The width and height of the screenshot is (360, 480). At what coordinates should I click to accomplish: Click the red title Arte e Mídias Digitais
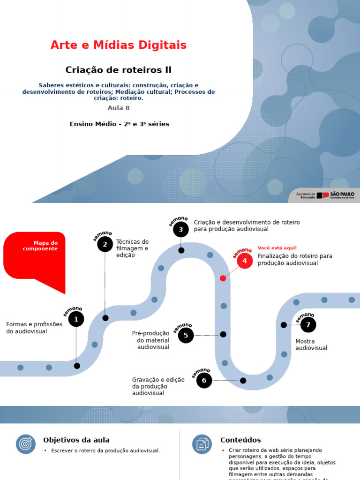coord(118,45)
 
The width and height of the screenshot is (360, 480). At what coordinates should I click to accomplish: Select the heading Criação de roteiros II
coord(118,70)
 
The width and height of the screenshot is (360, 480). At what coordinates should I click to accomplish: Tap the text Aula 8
coord(118,108)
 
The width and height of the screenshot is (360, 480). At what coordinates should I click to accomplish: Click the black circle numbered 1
coord(76,320)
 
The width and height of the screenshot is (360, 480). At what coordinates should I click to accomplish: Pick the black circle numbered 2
coord(105,244)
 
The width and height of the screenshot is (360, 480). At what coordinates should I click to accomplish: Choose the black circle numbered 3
coord(180,230)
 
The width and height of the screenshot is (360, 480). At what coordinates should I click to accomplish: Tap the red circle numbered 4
coord(244,261)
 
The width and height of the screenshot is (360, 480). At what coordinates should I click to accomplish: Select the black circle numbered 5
coord(186,335)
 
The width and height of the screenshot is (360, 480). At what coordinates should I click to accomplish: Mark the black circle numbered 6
coord(204,380)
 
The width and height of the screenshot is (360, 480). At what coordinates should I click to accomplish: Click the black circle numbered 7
coord(308,324)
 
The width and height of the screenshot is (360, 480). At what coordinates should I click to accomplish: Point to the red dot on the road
coord(223,278)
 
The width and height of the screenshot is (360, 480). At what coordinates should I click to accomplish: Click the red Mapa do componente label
coord(40,246)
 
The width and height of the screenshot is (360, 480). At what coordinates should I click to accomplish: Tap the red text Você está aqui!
coord(277,248)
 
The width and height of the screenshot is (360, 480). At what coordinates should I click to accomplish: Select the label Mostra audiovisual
coord(311,345)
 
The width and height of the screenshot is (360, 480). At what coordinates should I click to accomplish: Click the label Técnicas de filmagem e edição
coord(132,248)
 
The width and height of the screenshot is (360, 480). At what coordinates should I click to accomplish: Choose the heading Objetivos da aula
coord(76,440)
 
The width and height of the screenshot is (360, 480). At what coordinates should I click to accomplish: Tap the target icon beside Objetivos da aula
coord(26,444)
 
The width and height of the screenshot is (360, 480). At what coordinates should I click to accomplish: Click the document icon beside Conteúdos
coord(202,444)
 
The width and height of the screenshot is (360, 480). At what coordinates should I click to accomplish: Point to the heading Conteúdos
coord(240,440)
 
